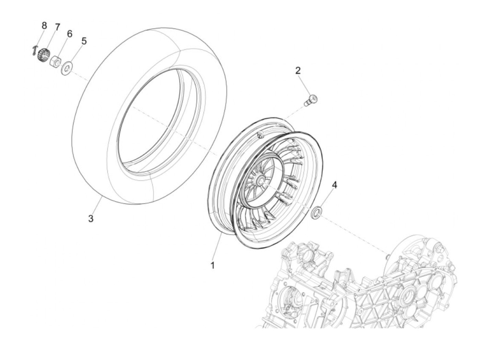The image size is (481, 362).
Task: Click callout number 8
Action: [44, 26]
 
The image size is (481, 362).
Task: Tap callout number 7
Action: [57, 27]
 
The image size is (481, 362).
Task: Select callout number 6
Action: [69, 34]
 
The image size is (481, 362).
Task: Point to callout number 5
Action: [84, 41]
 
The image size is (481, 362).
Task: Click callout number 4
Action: [334, 185]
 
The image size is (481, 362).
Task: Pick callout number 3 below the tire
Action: [91, 219]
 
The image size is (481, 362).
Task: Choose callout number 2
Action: [298, 71]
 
